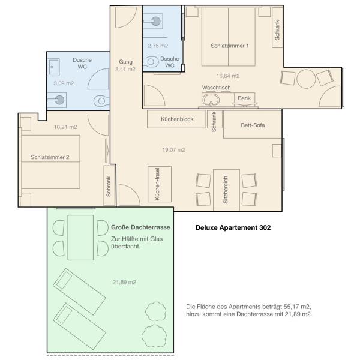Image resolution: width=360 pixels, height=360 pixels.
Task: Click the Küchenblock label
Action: click(177, 119)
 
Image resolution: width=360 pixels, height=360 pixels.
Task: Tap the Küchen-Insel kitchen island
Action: click(160, 184)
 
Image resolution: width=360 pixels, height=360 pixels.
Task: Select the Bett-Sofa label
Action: click(253, 125)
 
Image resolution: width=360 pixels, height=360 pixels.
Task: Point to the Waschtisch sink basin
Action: click(211, 100)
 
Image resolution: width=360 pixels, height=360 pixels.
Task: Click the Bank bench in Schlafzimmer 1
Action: click(244, 98)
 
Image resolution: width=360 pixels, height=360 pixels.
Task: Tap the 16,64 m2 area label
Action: click(228, 76)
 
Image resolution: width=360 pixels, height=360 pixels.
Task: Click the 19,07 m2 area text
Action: click(174, 149)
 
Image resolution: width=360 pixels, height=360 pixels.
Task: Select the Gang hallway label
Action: click(125, 62)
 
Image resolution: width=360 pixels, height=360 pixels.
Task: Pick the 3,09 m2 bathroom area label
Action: click(64, 83)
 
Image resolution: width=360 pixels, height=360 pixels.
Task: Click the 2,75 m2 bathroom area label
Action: click(158, 46)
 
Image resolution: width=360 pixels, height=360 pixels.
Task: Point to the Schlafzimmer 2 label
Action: click(50, 157)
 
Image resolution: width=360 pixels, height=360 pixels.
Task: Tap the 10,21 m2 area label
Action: click(65, 127)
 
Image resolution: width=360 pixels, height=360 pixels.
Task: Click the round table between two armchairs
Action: click(306, 79)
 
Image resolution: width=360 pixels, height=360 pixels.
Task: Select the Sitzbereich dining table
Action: click(226, 190)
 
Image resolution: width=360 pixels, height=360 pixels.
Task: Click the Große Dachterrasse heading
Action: click(140, 227)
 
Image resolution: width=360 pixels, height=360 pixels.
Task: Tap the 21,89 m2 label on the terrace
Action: click(124, 282)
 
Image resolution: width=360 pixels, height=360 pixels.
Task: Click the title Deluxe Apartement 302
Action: click(233, 227)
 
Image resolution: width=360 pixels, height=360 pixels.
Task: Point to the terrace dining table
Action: click(80, 238)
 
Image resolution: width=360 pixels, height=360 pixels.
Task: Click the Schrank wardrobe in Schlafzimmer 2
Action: click(109, 185)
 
